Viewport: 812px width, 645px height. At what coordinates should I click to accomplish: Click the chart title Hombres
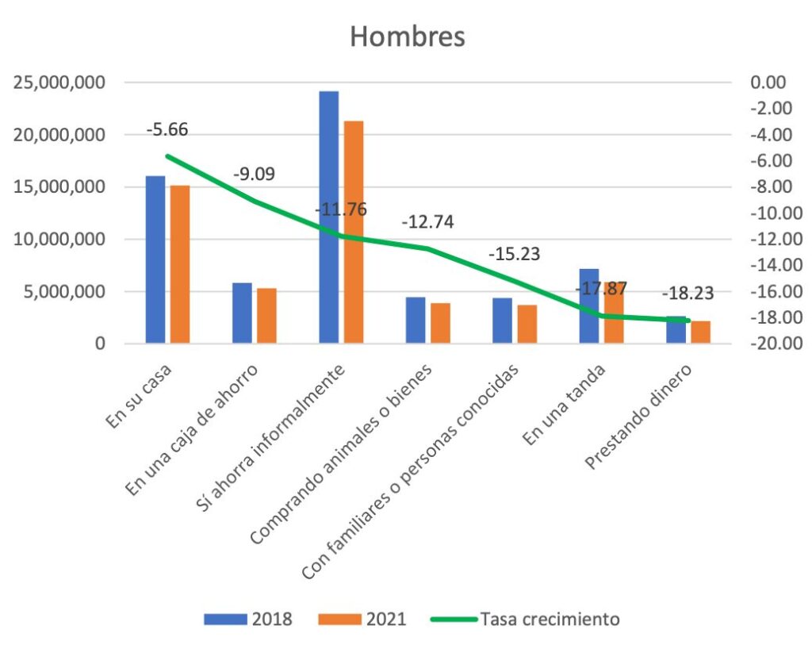pyautogui.click(x=408, y=37)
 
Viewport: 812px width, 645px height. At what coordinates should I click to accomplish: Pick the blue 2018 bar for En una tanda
pyautogui.click(x=588, y=306)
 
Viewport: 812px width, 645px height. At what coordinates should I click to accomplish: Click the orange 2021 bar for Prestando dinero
pyautogui.click(x=700, y=332)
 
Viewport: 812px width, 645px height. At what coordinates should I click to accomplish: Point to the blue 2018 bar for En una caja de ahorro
pyautogui.click(x=242, y=313)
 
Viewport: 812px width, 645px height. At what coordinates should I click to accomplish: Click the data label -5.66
pyautogui.click(x=167, y=130)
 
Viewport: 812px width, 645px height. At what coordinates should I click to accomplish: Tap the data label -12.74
pyautogui.click(x=427, y=222)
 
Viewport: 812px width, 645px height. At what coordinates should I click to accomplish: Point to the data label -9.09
pyautogui.click(x=254, y=174)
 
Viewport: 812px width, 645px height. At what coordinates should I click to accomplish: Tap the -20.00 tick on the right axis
pyautogui.click(x=764, y=344)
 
